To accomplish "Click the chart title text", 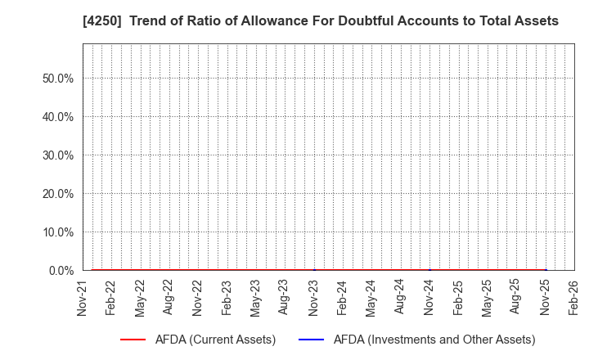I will click(x=321, y=21).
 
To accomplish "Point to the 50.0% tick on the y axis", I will click(x=58, y=79).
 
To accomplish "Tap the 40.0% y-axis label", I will click(x=58, y=117).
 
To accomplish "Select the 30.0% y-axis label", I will click(x=58, y=155).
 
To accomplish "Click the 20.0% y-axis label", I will click(x=58, y=194).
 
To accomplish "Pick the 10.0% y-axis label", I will click(x=58, y=232).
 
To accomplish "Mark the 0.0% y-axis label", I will click(x=61, y=271).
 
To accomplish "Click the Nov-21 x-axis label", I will click(x=82, y=297).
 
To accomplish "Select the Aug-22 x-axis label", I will click(x=169, y=297).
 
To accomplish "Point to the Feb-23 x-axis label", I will click(x=227, y=297).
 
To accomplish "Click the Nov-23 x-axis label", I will click(x=313, y=297).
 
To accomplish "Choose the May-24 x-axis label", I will click(x=371, y=297).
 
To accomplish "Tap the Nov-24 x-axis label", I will click(x=429, y=297).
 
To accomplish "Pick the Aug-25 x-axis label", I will click(x=516, y=297).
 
